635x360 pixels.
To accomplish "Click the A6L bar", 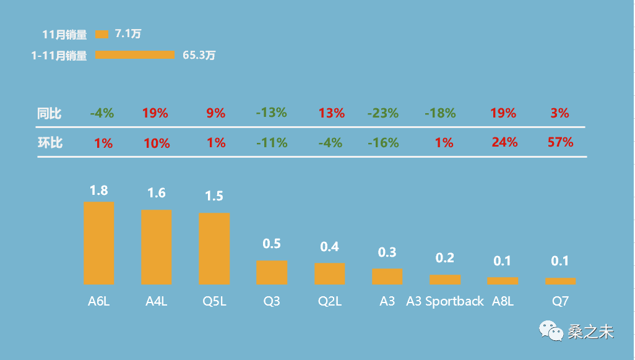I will [x=99, y=242].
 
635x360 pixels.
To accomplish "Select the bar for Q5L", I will [x=214, y=248].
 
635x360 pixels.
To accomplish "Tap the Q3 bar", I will [x=272, y=272].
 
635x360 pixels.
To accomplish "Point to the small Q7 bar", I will [x=560, y=281].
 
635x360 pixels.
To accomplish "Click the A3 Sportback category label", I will [x=445, y=301].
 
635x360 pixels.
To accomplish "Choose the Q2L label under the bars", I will [x=330, y=301].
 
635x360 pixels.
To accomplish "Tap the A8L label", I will [x=503, y=301].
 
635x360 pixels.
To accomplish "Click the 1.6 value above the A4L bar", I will [x=157, y=193].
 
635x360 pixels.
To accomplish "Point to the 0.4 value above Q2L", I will [x=329, y=247].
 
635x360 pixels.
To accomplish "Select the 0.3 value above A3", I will [x=387, y=252].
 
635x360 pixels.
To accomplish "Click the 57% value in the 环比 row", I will [x=560, y=142].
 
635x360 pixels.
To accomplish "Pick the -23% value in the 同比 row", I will [x=382, y=113].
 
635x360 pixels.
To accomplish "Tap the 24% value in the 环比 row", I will [x=504, y=142].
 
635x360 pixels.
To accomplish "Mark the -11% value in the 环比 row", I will [x=272, y=143].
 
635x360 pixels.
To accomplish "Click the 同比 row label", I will [x=50, y=113].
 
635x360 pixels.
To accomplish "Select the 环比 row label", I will [x=50, y=143].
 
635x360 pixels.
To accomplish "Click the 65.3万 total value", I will [x=199, y=55].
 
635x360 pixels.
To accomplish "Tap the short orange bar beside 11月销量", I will [x=102, y=34].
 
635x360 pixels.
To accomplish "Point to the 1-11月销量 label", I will [x=59, y=55].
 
